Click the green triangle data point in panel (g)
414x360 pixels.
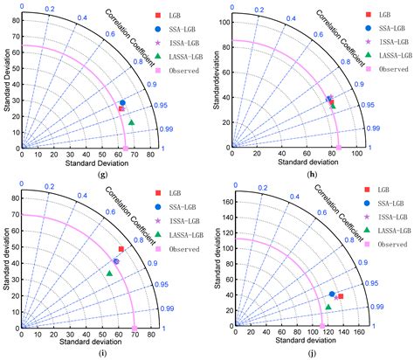pyautogui.click(x=132, y=122)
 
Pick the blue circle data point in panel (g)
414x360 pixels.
pyautogui.click(x=122, y=103)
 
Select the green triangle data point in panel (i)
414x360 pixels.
pyautogui.click(x=109, y=298)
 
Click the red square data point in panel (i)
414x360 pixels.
pyautogui.click(x=121, y=273)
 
